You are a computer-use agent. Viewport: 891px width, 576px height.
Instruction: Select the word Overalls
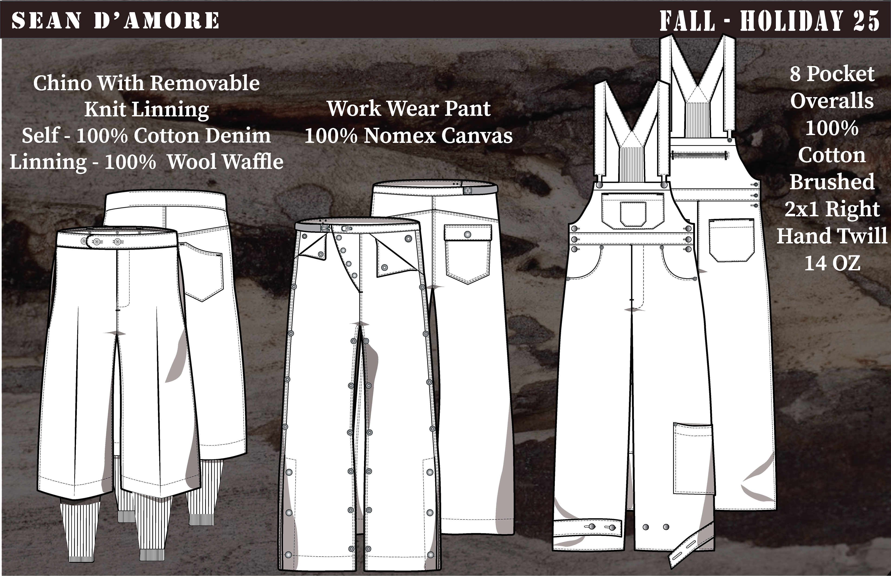coord(832,101)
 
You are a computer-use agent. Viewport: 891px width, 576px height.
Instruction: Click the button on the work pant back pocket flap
coord(467,235)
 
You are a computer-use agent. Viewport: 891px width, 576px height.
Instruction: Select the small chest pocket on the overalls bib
coord(633,213)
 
